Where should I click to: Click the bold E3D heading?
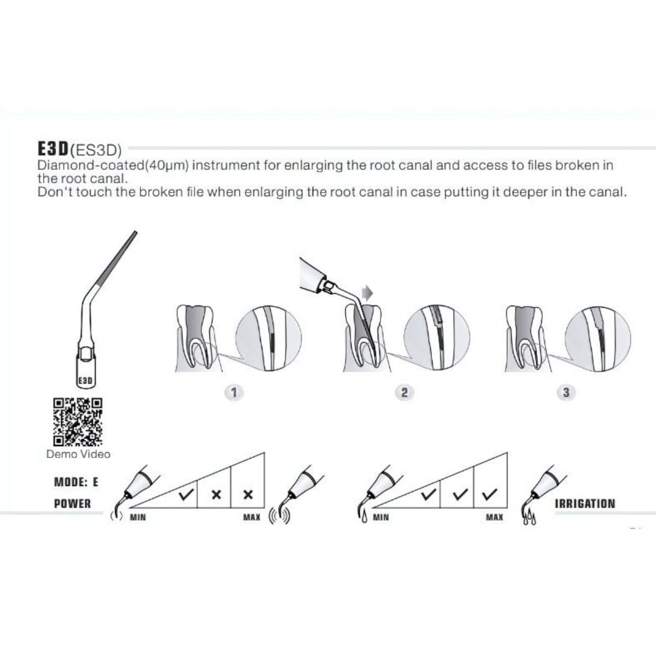54,149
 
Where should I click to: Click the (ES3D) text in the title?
96,150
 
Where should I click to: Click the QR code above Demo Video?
78,422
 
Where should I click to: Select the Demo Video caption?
78,454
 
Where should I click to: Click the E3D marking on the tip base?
85,380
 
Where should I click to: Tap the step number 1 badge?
234,392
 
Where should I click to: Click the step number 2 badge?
404,392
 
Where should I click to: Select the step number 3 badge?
566,392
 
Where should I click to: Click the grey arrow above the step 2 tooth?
367,293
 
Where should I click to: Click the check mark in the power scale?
186,494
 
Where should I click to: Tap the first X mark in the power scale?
216,495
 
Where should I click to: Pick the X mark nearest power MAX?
249,495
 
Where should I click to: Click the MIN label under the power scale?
138,518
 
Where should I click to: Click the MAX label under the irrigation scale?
494,518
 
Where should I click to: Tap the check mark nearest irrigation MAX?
489,494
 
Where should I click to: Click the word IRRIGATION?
585,504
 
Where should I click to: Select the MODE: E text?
76,482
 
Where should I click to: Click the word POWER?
73,504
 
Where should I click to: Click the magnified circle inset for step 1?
268,338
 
